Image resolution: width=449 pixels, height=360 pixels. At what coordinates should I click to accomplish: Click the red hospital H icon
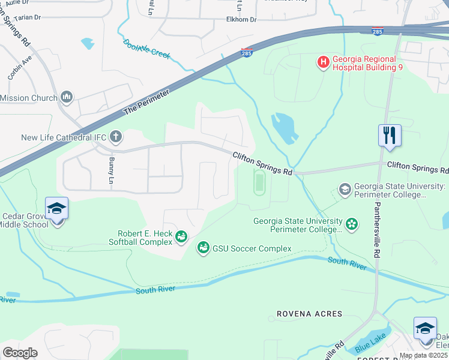coord(324,62)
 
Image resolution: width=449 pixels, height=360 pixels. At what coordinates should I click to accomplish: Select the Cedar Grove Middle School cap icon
coord(56,209)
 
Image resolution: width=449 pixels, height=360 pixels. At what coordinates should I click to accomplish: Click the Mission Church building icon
coord(67,97)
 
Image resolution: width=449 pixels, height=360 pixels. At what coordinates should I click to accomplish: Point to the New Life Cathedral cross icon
coord(115,137)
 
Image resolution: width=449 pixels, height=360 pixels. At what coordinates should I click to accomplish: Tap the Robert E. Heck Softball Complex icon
coord(181,238)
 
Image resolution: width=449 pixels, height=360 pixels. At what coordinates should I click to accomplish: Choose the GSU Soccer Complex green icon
coord(203,248)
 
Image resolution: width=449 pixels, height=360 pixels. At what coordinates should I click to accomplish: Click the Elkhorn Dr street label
coord(241,20)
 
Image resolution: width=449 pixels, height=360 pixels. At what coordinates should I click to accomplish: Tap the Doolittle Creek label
coord(146,49)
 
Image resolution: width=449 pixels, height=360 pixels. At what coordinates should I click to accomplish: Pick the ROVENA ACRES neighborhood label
coord(309,314)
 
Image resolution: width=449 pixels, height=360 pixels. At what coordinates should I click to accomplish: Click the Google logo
coord(20,352)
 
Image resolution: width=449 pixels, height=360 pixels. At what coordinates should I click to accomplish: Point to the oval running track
coord(259,182)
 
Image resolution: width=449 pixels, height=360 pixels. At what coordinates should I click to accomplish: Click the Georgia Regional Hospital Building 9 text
coord(366,63)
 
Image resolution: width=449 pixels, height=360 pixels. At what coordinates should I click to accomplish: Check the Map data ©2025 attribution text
coord(424,355)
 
